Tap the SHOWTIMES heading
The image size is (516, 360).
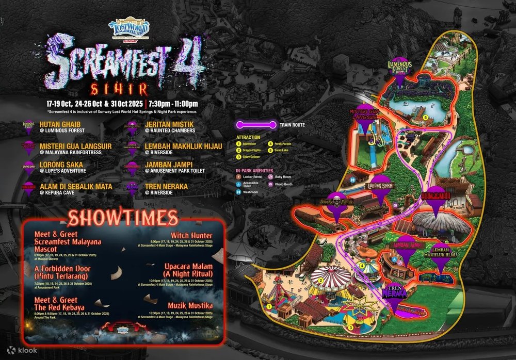pyautogui.click(x=123, y=218)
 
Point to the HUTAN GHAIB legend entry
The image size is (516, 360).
pyautogui.click(x=62, y=124)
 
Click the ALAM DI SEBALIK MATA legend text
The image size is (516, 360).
pyautogui.click(x=76, y=185)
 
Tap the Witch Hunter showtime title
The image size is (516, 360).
pyautogui.click(x=191, y=236)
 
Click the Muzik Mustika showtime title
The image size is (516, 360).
pyautogui.click(x=190, y=306)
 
